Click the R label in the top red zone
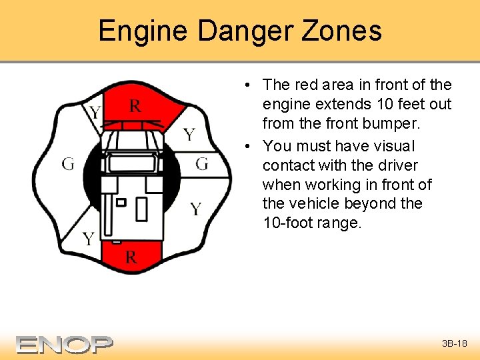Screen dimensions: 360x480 pyautogui.click(x=135, y=105)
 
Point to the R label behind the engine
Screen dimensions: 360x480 pyautogui.click(x=131, y=257)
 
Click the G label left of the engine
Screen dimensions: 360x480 pyautogui.click(x=68, y=164)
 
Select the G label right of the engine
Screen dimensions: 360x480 pyautogui.click(x=202, y=163)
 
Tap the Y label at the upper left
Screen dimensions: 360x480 pyautogui.click(x=95, y=112)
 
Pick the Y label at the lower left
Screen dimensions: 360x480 pyautogui.click(x=88, y=239)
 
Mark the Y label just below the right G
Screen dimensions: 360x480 pyautogui.click(x=195, y=209)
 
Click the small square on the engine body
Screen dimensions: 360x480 pyautogui.click(x=121, y=201)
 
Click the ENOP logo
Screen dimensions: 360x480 pyautogui.click(x=65, y=344)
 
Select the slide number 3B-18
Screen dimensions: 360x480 pyautogui.click(x=455, y=344)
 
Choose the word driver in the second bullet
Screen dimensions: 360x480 pyautogui.click(x=398, y=165)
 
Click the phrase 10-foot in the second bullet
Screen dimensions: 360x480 pyautogui.click(x=288, y=223)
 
